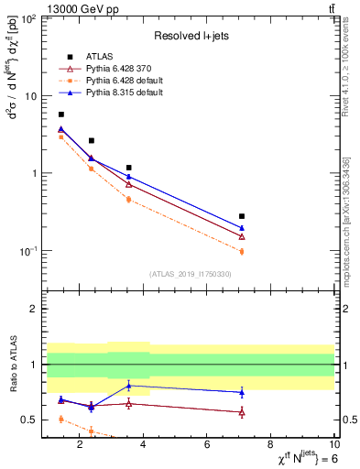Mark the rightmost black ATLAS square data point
click(x=242, y=216)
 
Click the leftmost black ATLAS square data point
click(x=61, y=115)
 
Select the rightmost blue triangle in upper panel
click(x=242, y=228)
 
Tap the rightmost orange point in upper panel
click(x=242, y=251)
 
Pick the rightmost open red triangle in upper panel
click(x=242, y=236)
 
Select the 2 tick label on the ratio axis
click(x=33, y=310)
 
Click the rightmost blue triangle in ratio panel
click(x=242, y=392)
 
